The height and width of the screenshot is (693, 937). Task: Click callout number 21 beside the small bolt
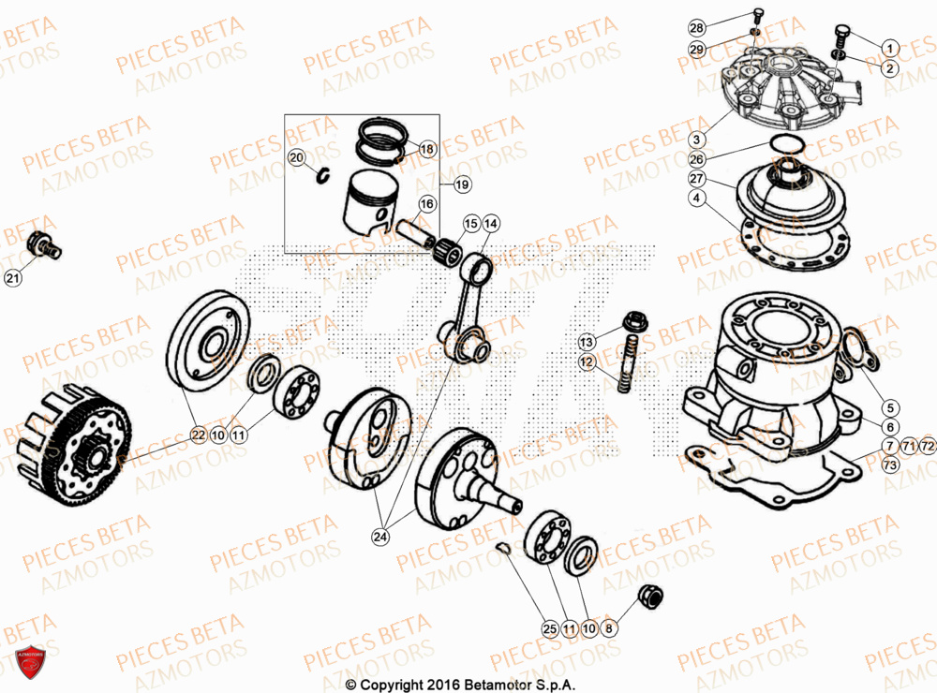point(12,277)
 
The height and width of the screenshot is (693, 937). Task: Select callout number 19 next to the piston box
point(461,185)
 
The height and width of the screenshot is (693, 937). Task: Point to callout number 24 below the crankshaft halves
point(380,537)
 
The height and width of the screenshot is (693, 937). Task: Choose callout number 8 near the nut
point(609,630)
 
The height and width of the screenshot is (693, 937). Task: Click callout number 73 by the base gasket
point(889,464)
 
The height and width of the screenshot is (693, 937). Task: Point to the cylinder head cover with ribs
point(780,90)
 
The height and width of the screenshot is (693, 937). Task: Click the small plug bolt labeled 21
point(46,244)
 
